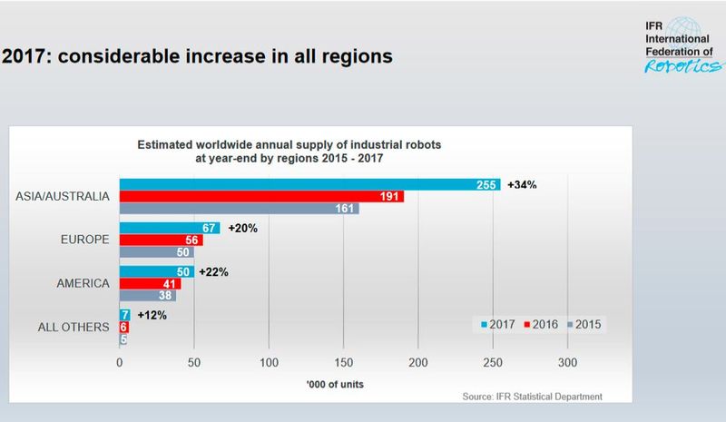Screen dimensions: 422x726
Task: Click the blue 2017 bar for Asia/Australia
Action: [x=309, y=184]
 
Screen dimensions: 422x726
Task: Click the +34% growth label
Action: [x=522, y=184]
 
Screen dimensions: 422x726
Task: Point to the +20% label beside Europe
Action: [x=243, y=228]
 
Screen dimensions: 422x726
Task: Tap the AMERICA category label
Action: [x=83, y=284]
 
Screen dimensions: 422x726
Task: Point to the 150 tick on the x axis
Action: [x=343, y=361]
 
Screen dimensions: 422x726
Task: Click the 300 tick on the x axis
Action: [x=567, y=361]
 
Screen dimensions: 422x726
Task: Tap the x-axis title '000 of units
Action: [x=343, y=381]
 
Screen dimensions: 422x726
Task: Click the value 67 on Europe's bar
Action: [x=209, y=228]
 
